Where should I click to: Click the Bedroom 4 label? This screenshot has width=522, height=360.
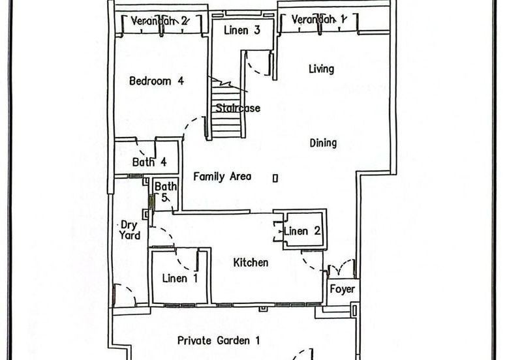coord(157,81)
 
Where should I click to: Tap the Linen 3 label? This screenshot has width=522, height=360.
coord(241,30)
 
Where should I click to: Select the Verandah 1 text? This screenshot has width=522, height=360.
coord(319,20)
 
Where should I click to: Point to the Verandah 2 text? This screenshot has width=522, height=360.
coord(159,21)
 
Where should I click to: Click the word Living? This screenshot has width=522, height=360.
coord(321,69)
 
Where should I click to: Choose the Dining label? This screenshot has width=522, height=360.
coord(323,143)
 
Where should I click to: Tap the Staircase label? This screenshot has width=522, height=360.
coord(238,108)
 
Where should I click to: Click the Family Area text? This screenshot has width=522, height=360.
coord(222,176)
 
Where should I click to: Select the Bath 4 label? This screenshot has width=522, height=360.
coord(149,162)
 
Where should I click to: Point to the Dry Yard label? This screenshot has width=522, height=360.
coord(129,230)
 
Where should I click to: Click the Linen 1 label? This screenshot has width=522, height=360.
coord(180,278)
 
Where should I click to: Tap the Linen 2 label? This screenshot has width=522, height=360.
coord(302,231)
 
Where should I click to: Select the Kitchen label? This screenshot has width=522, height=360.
coord(251,263)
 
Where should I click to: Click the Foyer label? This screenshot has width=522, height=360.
coord(342,289)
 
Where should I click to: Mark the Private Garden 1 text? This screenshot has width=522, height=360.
coord(219,340)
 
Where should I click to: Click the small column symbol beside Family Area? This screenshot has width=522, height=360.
coord(275,179)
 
